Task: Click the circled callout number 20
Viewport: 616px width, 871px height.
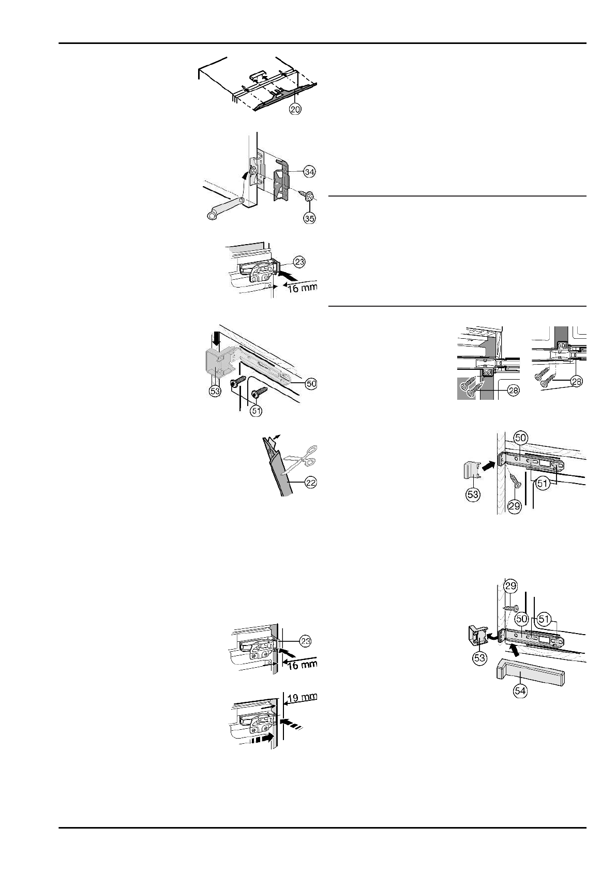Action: tap(295, 110)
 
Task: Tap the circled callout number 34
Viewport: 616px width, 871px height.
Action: tap(309, 171)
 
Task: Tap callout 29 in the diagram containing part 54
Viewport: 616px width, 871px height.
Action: tap(510, 586)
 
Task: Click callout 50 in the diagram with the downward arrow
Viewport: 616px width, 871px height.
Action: tap(311, 384)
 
